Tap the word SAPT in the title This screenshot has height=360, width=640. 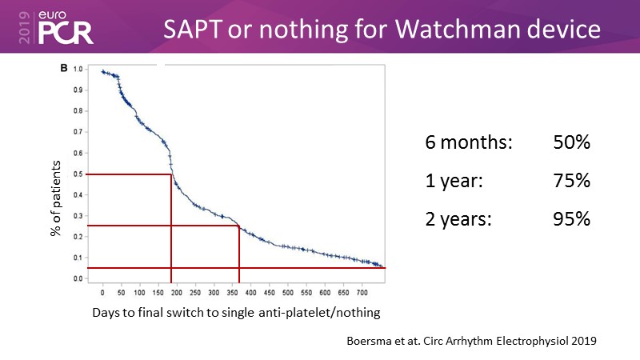(197, 30)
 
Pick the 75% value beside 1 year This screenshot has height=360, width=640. (571, 181)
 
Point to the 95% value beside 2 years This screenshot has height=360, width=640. (571, 218)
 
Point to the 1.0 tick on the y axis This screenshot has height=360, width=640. (78, 70)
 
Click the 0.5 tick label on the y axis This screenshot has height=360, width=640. (78, 174)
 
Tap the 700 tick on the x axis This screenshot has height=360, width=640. (362, 286)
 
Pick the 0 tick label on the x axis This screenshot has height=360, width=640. (102, 286)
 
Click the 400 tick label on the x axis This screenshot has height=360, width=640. (250, 286)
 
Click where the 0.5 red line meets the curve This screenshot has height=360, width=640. (171, 174)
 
